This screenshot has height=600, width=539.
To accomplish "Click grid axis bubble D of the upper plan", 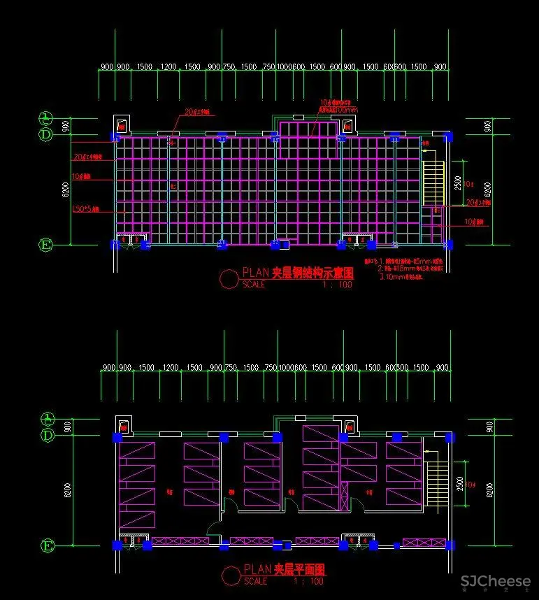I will [46, 134].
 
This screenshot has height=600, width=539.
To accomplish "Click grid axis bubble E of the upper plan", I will [46, 245].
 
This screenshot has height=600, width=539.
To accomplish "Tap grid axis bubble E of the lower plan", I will [47, 545].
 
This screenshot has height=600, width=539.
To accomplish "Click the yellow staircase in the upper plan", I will [433, 183].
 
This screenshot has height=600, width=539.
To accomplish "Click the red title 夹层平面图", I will [299, 571].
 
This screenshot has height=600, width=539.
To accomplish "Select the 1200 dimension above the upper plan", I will [168, 67].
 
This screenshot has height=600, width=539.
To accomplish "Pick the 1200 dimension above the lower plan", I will [170, 368].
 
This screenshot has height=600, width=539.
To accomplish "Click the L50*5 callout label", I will [87, 209].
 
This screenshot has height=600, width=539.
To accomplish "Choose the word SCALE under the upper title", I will [254, 285].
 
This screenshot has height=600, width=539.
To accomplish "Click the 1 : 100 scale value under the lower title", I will [308, 581].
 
